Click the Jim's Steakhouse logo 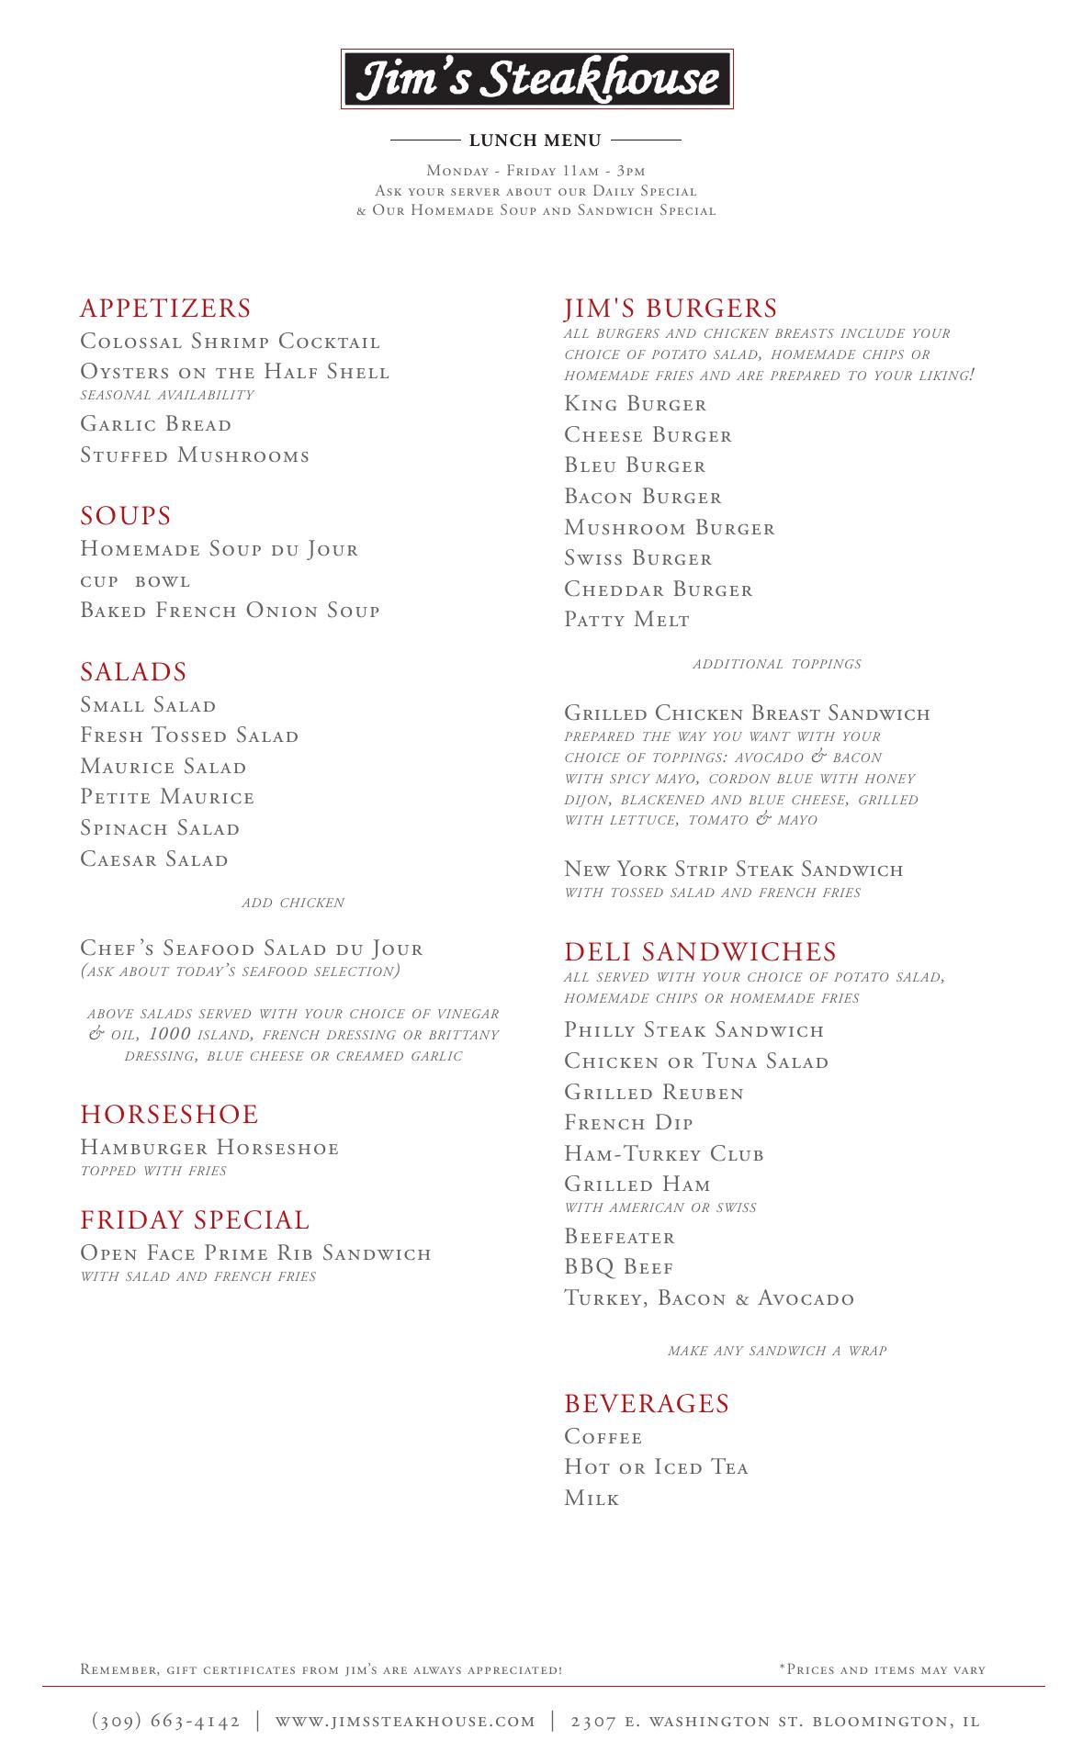click(x=536, y=79)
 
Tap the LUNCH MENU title click(x=535, y=140)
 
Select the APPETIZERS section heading click(x=165, y=309)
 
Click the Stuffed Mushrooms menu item click(x=195, y=455)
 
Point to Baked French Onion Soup click(x=230, y=611)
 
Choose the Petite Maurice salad click(x=167, y=797)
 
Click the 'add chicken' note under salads click(x=293, y=903)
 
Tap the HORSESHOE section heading click(x=169, y=1115)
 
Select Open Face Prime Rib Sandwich click(x=255, y=1253)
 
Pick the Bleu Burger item click(x=635, y=466)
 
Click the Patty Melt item click(x=626, y=620)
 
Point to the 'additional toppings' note click(x=777, y=664)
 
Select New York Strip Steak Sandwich click(x=733, y=870)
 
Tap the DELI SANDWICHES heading click(x=700, y=952)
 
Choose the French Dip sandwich click(x=628, y=1123)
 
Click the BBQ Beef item click(x=619, y=1267)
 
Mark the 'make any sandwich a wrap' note click(x=777, y=1351)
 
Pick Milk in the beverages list click(x=592, y=1499)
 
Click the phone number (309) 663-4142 click(x=166, y=1721)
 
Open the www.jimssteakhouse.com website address click(x=405, y=1721)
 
